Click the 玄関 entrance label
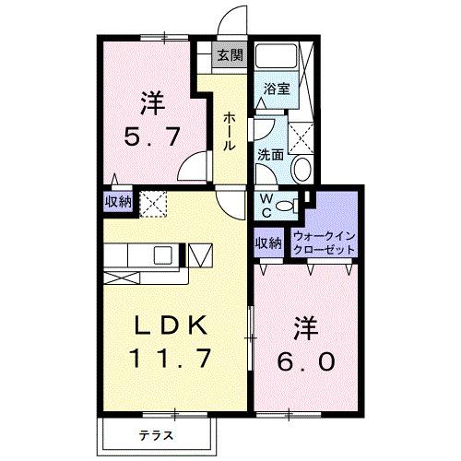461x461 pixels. coord(230,55)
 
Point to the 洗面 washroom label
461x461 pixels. coord(269,155)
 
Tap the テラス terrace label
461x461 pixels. coord(157,433)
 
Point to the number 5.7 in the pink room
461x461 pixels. coord(151,139)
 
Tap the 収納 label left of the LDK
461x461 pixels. coord(117,202)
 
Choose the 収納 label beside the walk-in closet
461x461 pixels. coord(267,243)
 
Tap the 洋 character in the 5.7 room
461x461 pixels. coord(151,100)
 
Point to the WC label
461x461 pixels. coord(264,204)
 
